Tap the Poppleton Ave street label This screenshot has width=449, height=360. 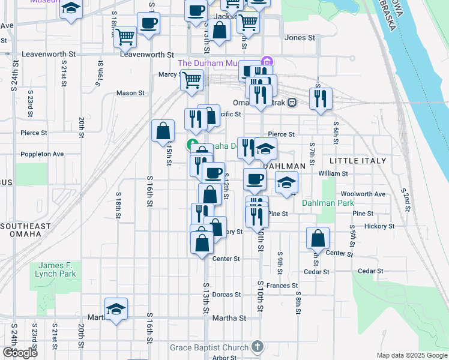tap(42, 154)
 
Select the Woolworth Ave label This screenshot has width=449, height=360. tap(363, 194)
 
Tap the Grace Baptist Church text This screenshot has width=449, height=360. tap(209, 347)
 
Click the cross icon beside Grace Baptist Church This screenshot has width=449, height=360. tap(258, 347)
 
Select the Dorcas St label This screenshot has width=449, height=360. tap(227, 295)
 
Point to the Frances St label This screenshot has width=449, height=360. tap(283, 286)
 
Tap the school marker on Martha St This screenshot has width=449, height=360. tap(116, 308)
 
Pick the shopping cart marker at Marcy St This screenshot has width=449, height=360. tap(192, 79)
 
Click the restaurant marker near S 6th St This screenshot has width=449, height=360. tap(321, 97)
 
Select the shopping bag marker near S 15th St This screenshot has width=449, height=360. tap(163, 130)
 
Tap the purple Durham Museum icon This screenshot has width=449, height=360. tap(267, 63)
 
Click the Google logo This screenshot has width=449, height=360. tap(20, 353)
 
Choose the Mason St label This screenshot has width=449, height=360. tap(130, 93)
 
